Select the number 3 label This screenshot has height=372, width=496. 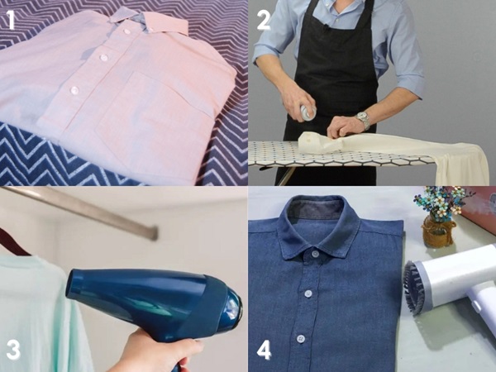(13, 349)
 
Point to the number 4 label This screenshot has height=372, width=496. (264, 349)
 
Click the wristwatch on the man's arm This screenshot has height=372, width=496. (363, 119)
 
